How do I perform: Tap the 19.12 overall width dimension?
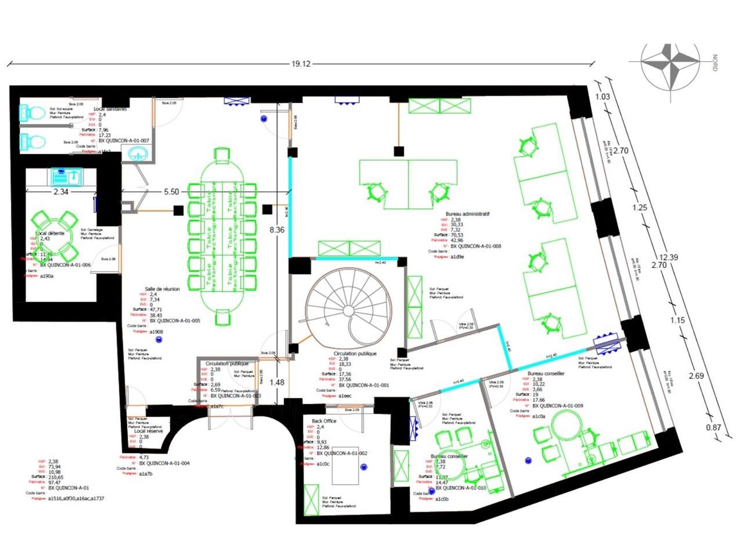(x=301, y=64)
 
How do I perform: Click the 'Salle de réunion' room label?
(x=162, y=289)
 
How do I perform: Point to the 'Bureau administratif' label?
(x=467, y=214)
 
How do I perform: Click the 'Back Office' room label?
(x=324, y=421)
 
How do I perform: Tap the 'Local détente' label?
(x=50, y=233)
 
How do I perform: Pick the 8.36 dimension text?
(x=277, y=230)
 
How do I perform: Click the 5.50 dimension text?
(x=171, y=191)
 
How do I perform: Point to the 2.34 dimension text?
(x=61, y=191)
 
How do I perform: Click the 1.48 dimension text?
(x=277, y=382)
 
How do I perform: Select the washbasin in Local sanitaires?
(x=138, y=153)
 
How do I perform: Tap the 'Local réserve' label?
(x=149, y=431)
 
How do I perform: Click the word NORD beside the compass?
(x=715, y=63)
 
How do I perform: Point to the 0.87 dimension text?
(x=713, y=427)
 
